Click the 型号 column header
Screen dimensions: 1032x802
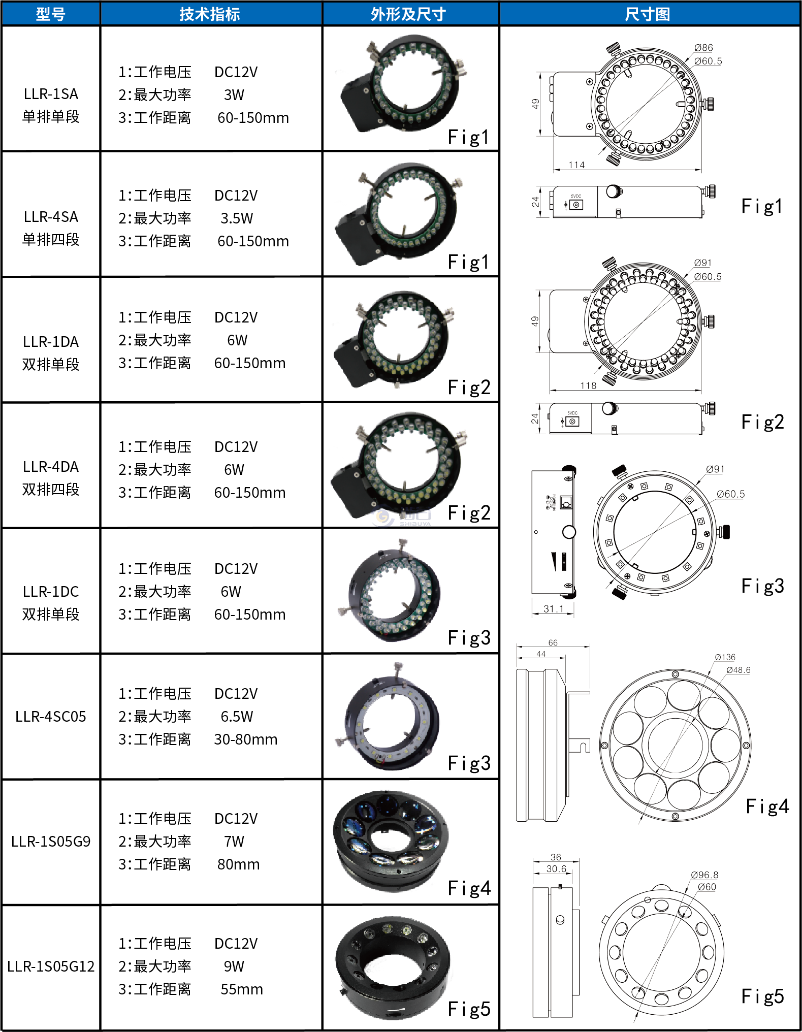point(51,14)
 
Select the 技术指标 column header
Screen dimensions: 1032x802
point(210,14)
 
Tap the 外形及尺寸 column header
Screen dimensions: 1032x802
point(409,14)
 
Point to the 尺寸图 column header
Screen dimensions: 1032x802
point(648,14)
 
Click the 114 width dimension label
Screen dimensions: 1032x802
point(577,165)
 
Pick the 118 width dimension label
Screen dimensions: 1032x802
point(588,386)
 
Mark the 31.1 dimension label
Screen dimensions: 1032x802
point(553,608)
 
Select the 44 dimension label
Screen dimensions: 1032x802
point(541,654)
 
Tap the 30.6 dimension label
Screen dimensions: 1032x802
point(556,869)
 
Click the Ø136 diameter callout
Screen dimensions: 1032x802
point(725,657)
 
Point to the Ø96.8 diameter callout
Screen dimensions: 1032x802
point(705,875)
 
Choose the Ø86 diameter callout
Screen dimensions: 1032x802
point(703,48)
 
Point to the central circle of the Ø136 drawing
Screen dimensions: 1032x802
point(675,745)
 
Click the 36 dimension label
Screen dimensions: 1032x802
point(556,857)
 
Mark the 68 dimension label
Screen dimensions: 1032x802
point(553,643)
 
